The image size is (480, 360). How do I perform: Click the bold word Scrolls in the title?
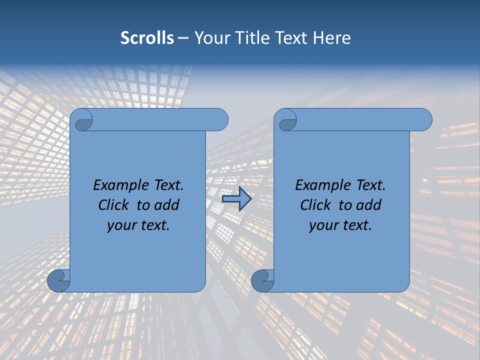click(147, 38)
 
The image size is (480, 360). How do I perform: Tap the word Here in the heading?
click(331, 38)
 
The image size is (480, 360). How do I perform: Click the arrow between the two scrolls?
click(236, 199)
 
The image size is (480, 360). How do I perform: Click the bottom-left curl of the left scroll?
click(58, 280)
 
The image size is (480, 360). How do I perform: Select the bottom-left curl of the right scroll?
click(262, 280)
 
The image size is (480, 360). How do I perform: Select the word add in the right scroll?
click(367, 205)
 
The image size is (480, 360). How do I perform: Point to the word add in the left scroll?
click(165, 205)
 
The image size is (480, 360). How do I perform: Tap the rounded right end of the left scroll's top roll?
click(220, 119)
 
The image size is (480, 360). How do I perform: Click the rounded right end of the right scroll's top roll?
click(424, 119)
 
